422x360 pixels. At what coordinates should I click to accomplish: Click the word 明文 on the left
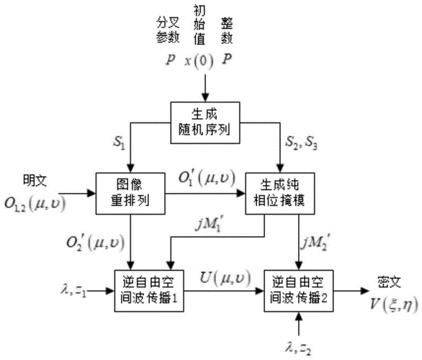pos(34,176)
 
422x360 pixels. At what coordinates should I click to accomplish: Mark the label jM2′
pos(318,238)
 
